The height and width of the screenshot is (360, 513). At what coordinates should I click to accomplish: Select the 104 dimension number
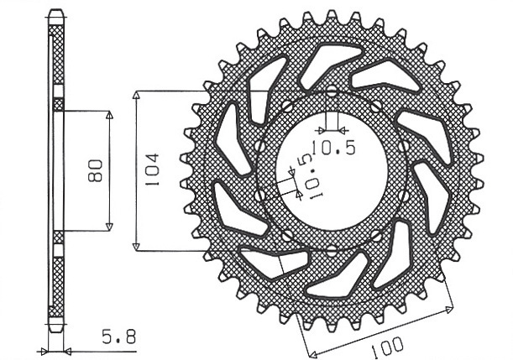coord(153,170)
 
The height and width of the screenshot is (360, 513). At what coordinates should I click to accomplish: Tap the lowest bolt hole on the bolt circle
coord(332,251)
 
